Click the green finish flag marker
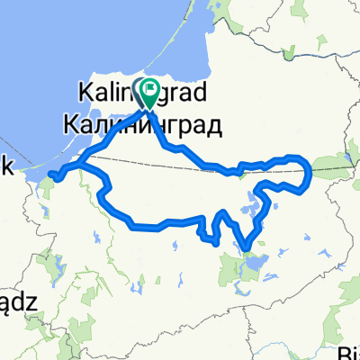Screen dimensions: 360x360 tap(150, 90)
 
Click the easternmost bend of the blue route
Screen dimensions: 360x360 tap(310, 171)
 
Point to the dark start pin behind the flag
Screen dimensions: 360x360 tap(142, 89)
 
